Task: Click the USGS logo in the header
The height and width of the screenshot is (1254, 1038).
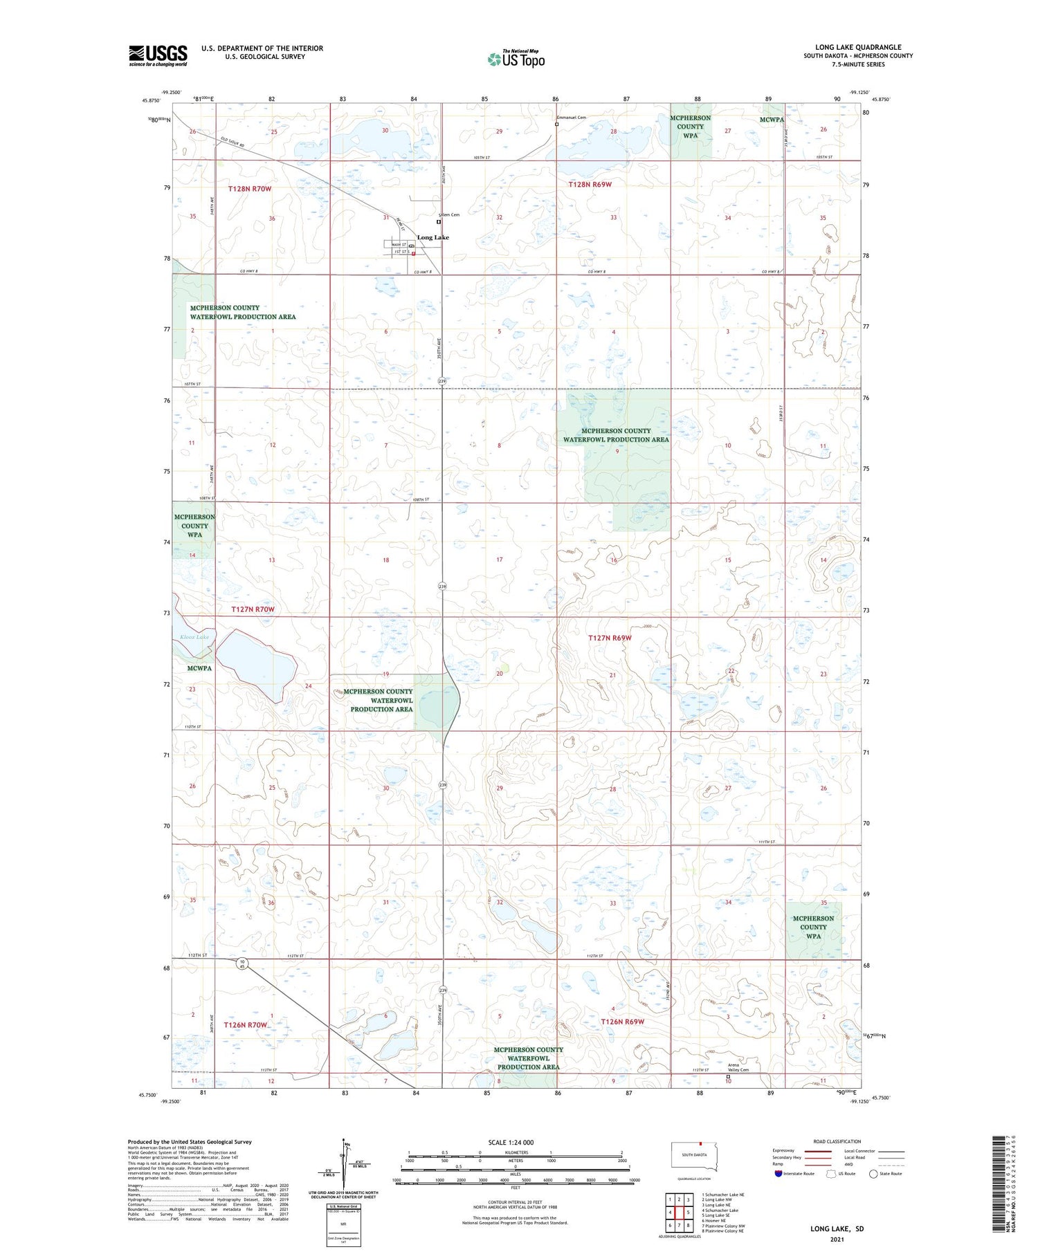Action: [x=158, y=55]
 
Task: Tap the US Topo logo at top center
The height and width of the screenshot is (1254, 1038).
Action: [x=516, y=59]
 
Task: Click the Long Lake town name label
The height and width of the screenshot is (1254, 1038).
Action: [x=433, y=237]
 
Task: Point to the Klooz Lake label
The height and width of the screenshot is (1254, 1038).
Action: [x=194, y=636]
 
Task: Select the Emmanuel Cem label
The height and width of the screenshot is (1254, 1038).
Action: [x=572, y=118]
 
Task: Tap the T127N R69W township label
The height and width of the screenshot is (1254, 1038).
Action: [x=610, y=638]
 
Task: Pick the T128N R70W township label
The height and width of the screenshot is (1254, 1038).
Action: [x=250, y=188]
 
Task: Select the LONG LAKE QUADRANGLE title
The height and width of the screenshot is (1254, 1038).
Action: [x=858, y=47]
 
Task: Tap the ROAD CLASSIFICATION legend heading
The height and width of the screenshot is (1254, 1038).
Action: [x=837, y=1141]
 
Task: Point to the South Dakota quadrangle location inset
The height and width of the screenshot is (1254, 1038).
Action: [x=694, y=1155]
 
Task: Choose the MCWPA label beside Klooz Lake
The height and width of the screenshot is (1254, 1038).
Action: [x=199, y=668]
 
